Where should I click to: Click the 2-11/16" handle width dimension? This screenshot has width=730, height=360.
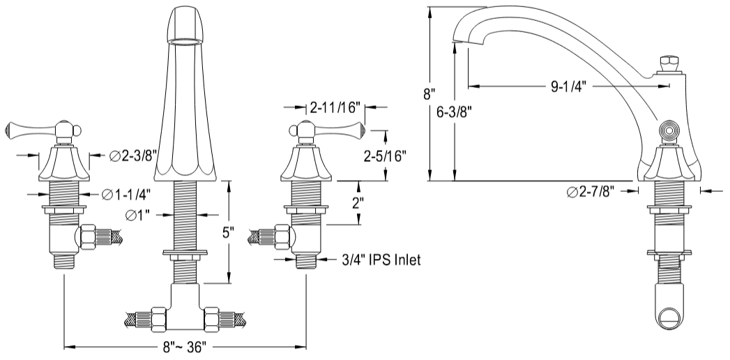point(335,107)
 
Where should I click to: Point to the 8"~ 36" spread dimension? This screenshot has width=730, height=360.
point(184,347)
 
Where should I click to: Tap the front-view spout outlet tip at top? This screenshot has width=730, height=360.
point(189,24)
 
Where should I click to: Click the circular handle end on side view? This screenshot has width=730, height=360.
point(669,130)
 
